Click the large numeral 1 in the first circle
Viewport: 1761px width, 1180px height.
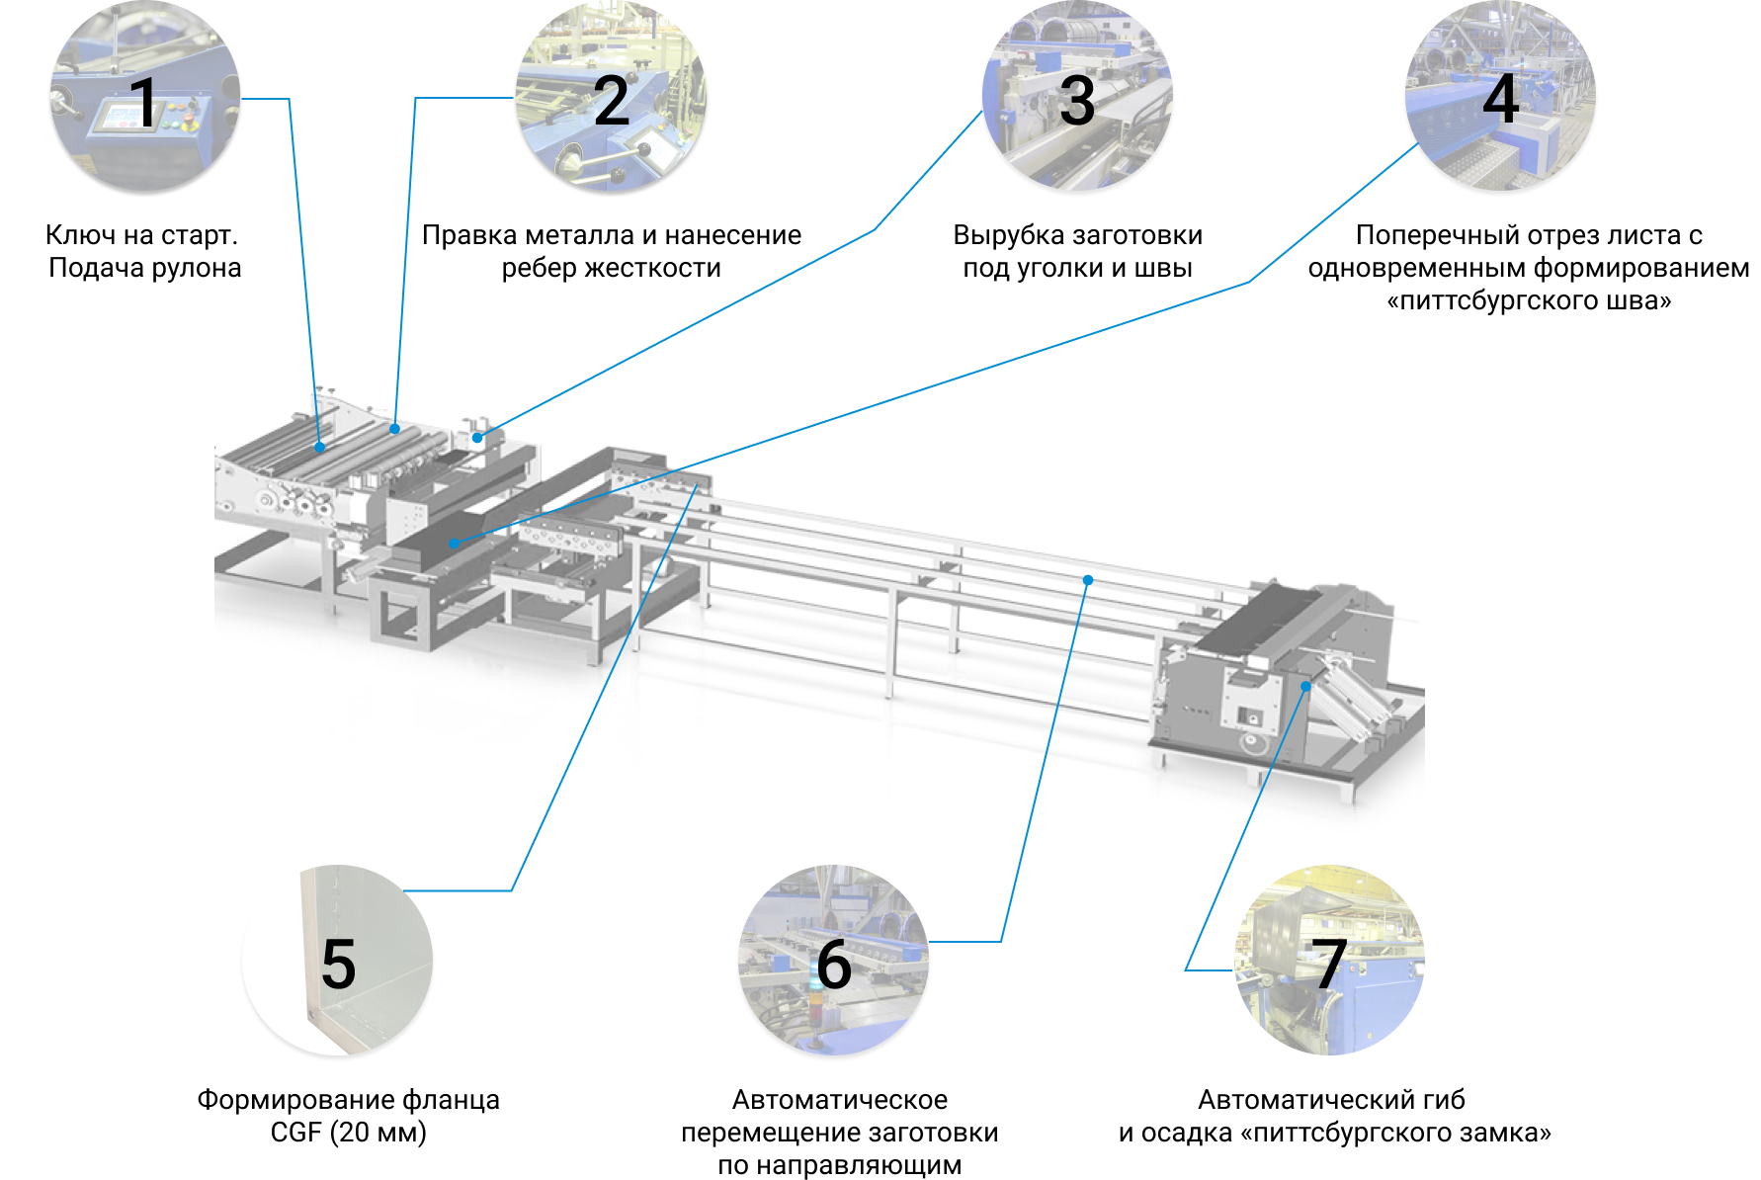coord(144,102)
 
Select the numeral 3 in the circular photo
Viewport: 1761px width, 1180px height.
coord(1076,101)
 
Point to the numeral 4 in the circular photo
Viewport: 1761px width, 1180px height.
coord(1500,99)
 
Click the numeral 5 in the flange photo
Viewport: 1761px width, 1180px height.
coord(339,965)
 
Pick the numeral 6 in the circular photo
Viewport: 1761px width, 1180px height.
coord(834,965)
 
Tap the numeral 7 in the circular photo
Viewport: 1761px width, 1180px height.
coord(1329,964)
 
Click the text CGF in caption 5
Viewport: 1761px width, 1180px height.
coord(295,1133)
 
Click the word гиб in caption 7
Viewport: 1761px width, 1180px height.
coord(1443,1100)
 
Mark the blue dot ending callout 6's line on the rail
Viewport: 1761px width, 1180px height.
coord(1087,580)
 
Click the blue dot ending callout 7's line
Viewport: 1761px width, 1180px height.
coord(1305,686)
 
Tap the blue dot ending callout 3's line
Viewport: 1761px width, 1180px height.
coord(477,437)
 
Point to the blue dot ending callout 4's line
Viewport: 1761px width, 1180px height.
coord(454,543)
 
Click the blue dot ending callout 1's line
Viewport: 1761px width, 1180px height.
coord(320,448)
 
